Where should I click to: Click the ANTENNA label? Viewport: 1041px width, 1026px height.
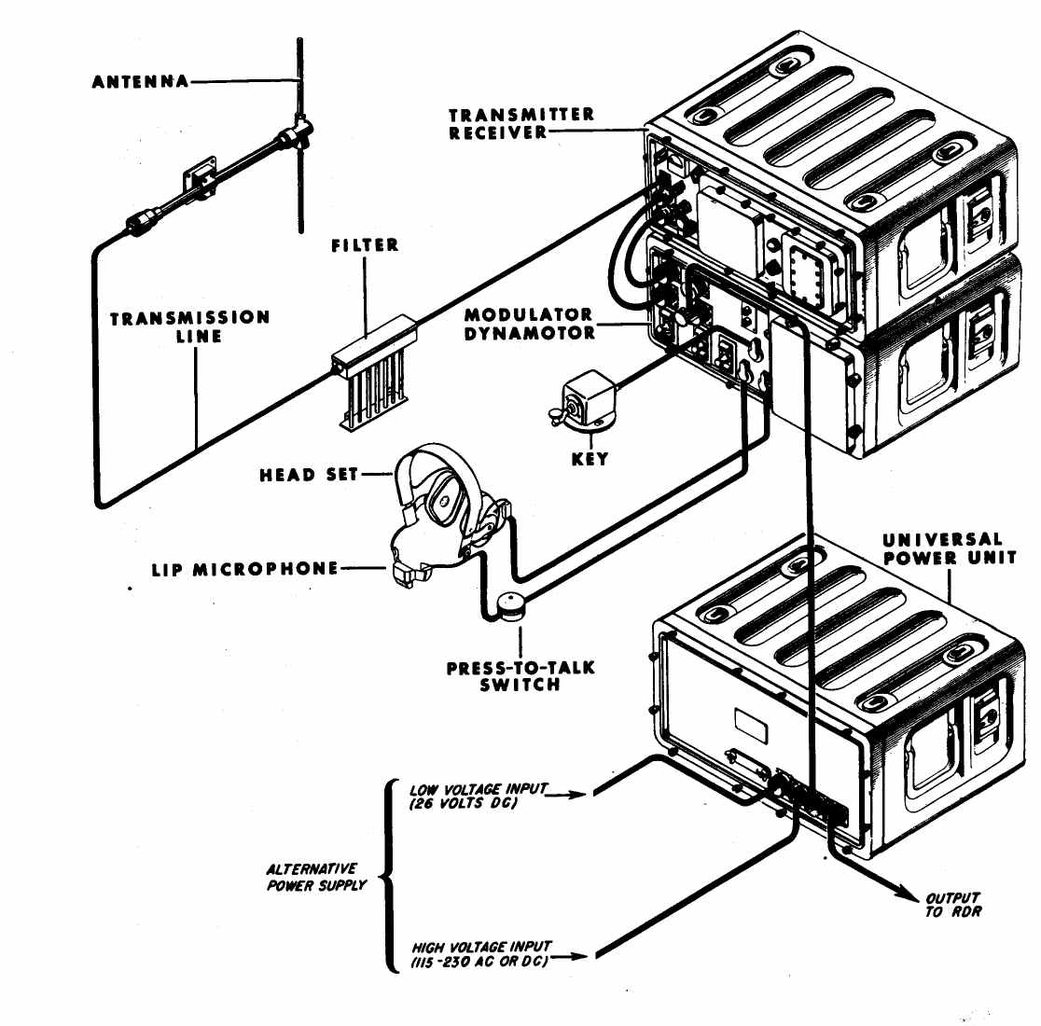tap(140, 82)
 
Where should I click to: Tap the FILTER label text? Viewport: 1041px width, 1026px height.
tap(365, 246)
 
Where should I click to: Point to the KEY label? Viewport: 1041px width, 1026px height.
tap(590, 459)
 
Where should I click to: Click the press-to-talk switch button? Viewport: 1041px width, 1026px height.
tap(510, 606)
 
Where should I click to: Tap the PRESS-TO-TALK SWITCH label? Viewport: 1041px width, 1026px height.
tap(520, 676)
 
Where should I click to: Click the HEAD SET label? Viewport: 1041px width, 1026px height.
tap(308, 475)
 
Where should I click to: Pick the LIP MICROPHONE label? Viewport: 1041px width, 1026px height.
tap(244, 568)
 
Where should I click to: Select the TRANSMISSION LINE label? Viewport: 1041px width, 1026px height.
tap(190, 326)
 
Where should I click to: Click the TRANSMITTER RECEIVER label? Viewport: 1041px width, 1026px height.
tap(521, 123)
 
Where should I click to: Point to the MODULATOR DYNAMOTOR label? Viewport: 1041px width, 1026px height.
tap(528, 324)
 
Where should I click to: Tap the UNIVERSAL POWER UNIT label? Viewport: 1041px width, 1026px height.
tap(943, 548)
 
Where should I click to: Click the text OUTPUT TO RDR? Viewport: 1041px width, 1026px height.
tap(952, 905)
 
